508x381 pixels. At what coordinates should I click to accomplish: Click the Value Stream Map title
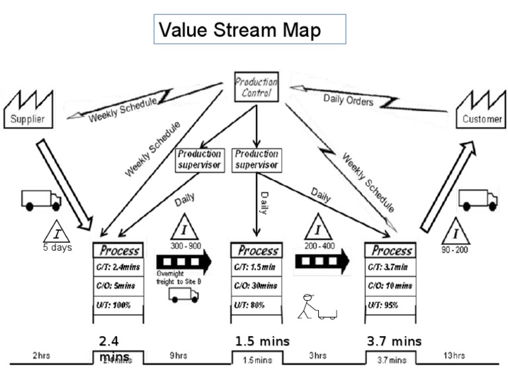click(250, 30)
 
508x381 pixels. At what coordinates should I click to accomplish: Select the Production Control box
click(257, 87)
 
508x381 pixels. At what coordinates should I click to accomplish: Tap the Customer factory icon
click(478, 110)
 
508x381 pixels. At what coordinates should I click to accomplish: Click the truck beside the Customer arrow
click(478, 199)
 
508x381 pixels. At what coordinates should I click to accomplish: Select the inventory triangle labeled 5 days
click(57, 232)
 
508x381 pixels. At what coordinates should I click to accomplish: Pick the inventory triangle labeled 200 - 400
click(318, 228)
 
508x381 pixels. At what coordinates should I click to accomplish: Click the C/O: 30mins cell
click(257, 286)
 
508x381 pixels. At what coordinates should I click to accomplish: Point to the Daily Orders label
click(348, 101)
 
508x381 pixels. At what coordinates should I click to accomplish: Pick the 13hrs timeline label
click(454, 356)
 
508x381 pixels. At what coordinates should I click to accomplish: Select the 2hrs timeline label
click(42, 356)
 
